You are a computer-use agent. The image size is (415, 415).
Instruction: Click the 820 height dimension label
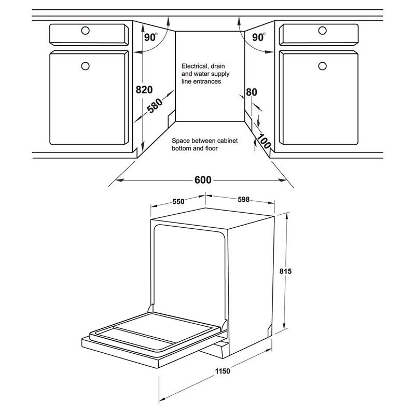[144, 90]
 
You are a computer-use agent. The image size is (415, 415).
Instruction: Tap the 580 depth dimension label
[155, 106]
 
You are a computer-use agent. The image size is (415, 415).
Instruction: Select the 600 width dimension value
[203, 180]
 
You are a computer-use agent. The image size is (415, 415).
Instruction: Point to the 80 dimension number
[252, 92]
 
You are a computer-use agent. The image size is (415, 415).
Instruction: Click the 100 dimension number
[264, 141]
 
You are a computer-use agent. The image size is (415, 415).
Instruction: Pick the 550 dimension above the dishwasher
[178, 202]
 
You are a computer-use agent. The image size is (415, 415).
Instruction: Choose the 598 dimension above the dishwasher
[243, 199]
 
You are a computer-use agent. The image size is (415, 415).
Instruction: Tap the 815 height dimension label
[286, 271]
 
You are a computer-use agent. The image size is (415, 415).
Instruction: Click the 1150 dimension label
[223, 371]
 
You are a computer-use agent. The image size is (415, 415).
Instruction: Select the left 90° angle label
[151, 37]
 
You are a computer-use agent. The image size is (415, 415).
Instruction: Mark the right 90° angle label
[258, 37]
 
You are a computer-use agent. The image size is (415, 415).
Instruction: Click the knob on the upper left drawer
[85, 31]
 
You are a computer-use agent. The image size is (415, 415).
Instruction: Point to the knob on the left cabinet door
[85, 66]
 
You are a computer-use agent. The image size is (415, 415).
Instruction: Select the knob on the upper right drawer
[322, 31]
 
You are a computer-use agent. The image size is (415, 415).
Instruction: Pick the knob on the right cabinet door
[322, 66]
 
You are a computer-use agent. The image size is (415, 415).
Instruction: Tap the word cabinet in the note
[228, 141]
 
